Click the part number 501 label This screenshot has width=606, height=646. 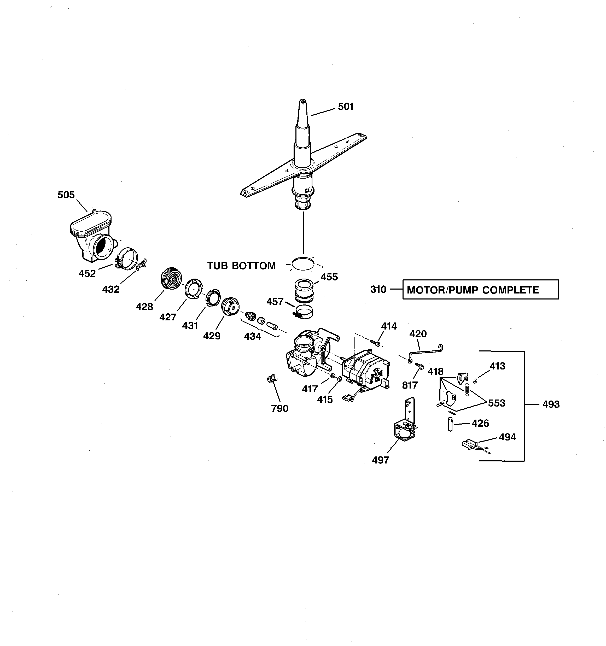tap(346, 107)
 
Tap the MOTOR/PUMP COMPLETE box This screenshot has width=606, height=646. tap(481, 290)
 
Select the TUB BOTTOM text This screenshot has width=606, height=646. tap(242, 266)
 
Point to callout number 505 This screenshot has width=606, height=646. tap(66, 195)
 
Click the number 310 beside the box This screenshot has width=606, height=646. tap(378, 289)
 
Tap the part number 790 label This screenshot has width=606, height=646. tap(279, 408)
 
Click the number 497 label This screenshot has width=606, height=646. tap(380, 460)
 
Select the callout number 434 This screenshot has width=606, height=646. tap(253, 336)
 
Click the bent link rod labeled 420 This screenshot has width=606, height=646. tap(424, 353)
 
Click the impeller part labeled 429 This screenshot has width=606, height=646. tap(230, 306)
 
